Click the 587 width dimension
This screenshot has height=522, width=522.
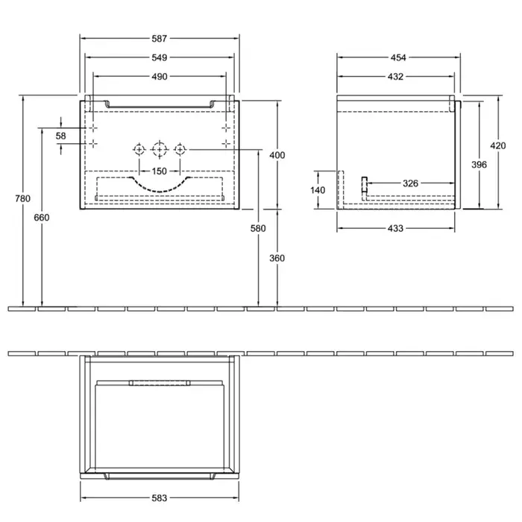pyautogui.click(x=159, y=39)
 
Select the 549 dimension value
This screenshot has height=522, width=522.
pyautogui.click(x=159, y=57)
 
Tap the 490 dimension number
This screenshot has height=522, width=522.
pyautogui.click(x=159, y=77)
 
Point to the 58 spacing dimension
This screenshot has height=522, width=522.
pyautogui.click(x=60, y=136)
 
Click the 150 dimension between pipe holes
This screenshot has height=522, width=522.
pyautogui.click(x=159, y=171)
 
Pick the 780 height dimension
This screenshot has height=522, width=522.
pyautogui.click(x=22, y=198)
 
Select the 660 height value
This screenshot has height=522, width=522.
pyautogui.click(x=42, y=218)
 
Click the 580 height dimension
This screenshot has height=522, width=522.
pyautogui.click(x=258, y=228)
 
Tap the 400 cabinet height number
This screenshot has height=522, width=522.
pyautogui.click(x=277, y=155)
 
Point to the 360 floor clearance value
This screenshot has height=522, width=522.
pyautogui.click(x=277, y=258)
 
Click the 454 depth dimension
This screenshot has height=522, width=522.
pyautogui.click(x=398, y=57)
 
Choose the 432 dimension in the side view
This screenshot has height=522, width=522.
pyautogui.click(x=395, y=77)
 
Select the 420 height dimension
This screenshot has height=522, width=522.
pyautogui.click(x=498, y=145)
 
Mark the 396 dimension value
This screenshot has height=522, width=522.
pyautogui.click(x=479, y=165)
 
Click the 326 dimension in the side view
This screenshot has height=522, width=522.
pyautogui.click(x=410, y=183)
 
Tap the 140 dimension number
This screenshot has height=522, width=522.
pyautogui.click(x=318, y=190)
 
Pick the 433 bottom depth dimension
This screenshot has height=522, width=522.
pyautogui.click(x=395, y=228)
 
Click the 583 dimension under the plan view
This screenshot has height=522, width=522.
pyautogui.click(x=159, y=498)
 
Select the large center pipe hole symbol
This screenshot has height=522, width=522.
pyautogui.click(x=160, y=150)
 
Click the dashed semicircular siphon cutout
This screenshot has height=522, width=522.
pyautogui.click(x=160, y=191)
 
